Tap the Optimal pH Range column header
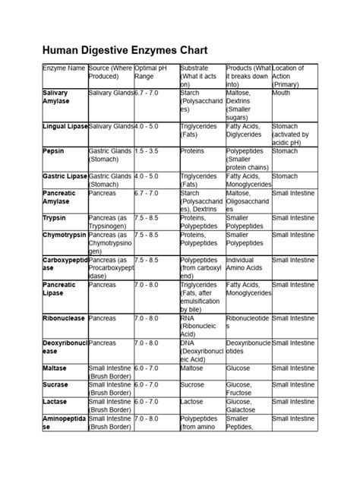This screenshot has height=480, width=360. point(148,72)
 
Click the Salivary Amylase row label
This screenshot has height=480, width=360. point(59,96)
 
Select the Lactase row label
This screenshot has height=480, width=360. point(55,402)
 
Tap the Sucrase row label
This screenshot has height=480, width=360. point(55,384)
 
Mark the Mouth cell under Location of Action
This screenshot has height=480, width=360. point(281,92)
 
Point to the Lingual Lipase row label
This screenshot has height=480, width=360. point(65,125)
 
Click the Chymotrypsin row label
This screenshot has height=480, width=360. point(65,236)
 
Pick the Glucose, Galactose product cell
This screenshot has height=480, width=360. point(245,406)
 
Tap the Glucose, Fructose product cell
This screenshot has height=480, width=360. point(245,389)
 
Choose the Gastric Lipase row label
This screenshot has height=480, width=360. point(65,176)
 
